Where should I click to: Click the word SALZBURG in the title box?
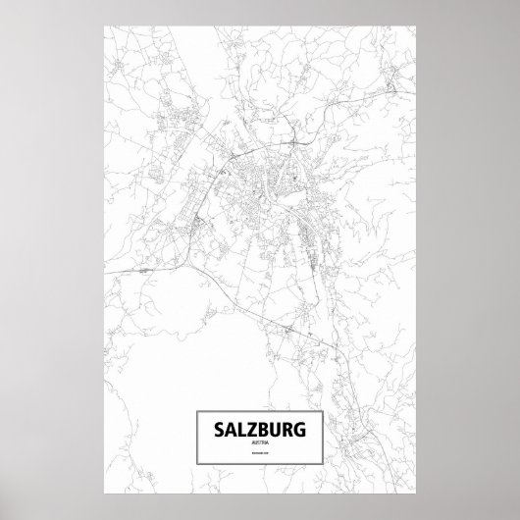point(260,430)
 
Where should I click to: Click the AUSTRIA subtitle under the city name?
point(260,443)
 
